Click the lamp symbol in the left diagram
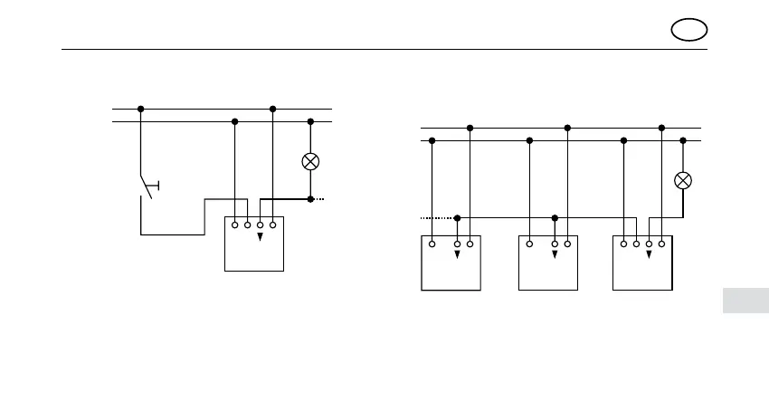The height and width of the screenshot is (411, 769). click(x=310, y=161)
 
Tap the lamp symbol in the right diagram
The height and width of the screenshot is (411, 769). click(x=683, y=180)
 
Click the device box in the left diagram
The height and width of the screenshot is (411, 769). click(x=254, y=243)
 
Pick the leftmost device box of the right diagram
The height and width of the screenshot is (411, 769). click(x=451, y=263)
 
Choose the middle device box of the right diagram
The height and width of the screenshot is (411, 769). click(x=548, y=263)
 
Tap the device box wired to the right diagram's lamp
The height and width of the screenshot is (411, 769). click(x=642, y=263)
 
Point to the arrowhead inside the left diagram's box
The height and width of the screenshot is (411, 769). click(x=260, y=237)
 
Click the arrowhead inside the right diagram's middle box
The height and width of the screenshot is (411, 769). click(x=555, y=254)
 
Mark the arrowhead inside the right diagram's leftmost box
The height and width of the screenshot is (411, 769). click(x=457, y=254)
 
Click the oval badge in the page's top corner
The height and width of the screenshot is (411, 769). click(x=689, y=30)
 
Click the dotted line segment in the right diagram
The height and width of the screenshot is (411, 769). click(x=438, y=218)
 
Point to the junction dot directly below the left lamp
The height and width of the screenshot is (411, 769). click(x=310, y=198)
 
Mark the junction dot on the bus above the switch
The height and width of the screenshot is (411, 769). click(x=141, y=109)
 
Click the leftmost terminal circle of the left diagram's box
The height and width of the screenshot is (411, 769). click(x=234, y=224)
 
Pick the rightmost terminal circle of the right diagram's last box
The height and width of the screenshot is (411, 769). click(x=662, y=243)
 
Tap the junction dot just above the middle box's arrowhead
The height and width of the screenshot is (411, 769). click(x=555, y=218)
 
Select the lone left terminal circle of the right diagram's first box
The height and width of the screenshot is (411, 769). click(x=432, y=243)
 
